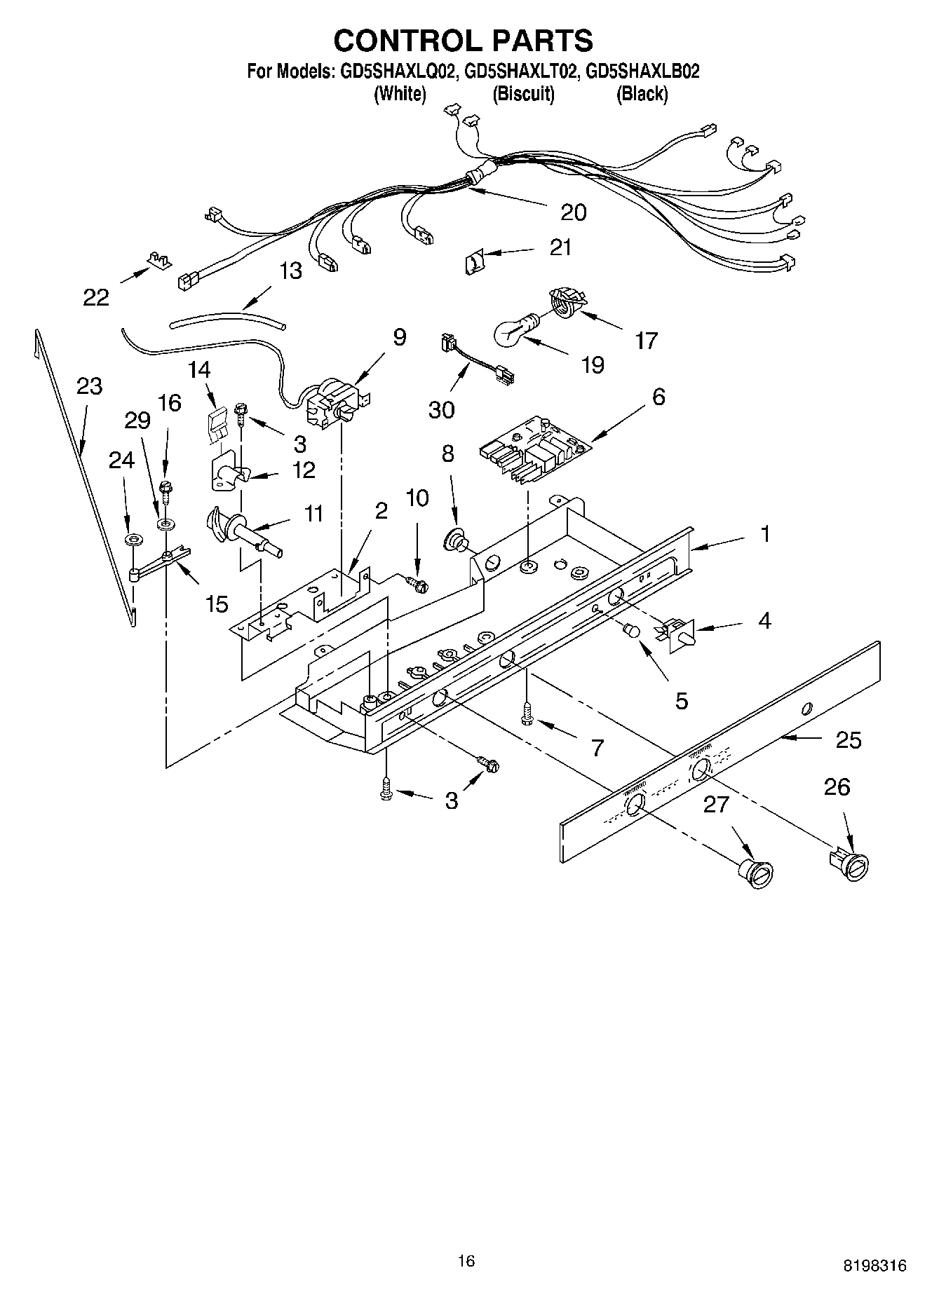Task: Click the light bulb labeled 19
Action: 517,329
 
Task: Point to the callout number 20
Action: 574,212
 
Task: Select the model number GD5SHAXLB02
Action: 642,71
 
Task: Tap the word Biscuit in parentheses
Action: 523,94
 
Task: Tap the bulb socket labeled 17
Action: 564,300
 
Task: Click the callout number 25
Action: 849,740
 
